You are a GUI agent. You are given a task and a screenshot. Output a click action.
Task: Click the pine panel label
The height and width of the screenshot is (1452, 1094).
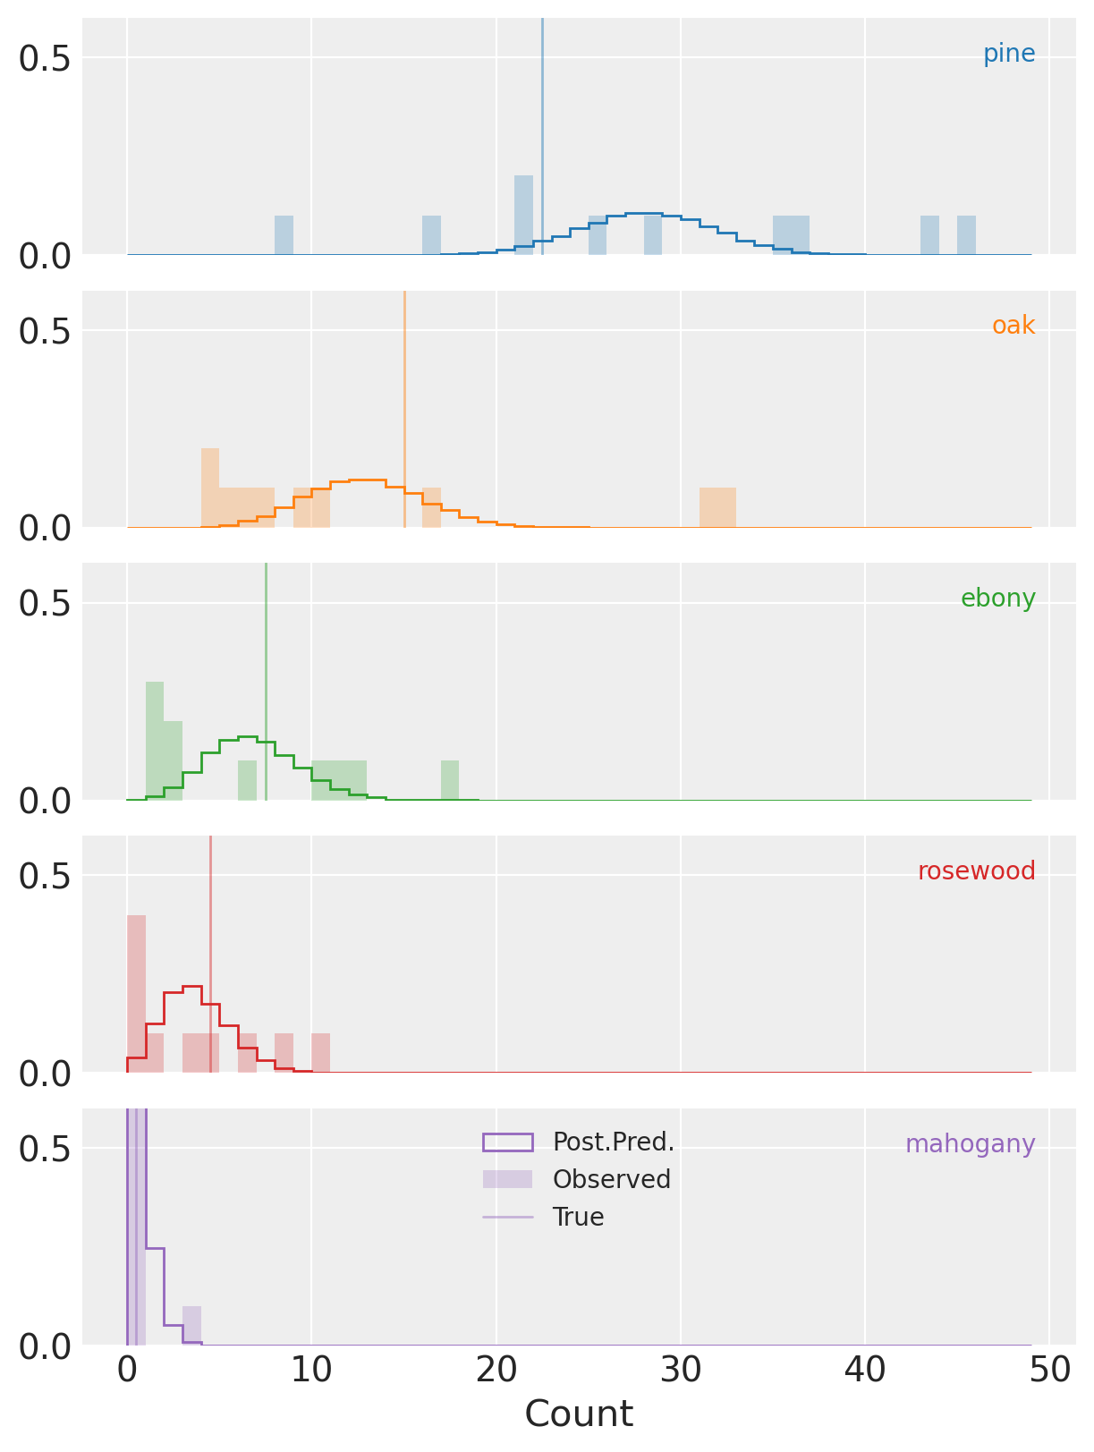pos(1008,55)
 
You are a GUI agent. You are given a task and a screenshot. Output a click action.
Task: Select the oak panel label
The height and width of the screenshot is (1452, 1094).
pos(1013,327)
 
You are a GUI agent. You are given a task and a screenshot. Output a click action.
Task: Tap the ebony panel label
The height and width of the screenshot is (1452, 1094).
pos(997,599)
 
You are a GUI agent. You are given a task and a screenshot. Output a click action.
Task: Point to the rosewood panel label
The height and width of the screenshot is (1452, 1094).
pos(976,872)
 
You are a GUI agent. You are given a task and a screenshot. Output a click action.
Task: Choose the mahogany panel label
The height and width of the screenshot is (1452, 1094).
pos(970,1145)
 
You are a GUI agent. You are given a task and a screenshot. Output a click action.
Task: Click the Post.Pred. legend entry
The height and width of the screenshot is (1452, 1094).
pos(613,1142)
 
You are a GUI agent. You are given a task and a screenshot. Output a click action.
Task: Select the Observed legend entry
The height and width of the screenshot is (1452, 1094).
pos(611,1180)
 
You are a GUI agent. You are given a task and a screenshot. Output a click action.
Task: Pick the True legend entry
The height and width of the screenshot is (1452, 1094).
pos(578,1218)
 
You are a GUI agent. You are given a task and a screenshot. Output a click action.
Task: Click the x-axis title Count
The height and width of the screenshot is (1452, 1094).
pos(579,1415)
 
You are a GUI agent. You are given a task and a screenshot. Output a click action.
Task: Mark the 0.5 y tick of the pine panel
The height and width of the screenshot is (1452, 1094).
pos(45,59)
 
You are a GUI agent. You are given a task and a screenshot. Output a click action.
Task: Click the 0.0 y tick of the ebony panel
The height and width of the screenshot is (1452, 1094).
pos(45,802)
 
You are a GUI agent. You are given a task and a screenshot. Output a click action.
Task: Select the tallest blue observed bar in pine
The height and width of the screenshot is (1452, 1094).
pos(523,216)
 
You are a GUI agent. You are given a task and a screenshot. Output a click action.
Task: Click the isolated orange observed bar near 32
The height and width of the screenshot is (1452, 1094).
pos(717,507)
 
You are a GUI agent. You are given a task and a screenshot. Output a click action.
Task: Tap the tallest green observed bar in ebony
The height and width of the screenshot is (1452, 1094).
pos(155,741)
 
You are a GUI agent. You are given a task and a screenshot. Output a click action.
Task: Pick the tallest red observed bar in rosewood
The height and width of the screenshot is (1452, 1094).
pos(136,993)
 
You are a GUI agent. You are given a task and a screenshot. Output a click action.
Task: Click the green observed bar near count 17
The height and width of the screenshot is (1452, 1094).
pos(450,780)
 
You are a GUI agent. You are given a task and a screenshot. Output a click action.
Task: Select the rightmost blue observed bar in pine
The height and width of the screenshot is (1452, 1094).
pos(966,235)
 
